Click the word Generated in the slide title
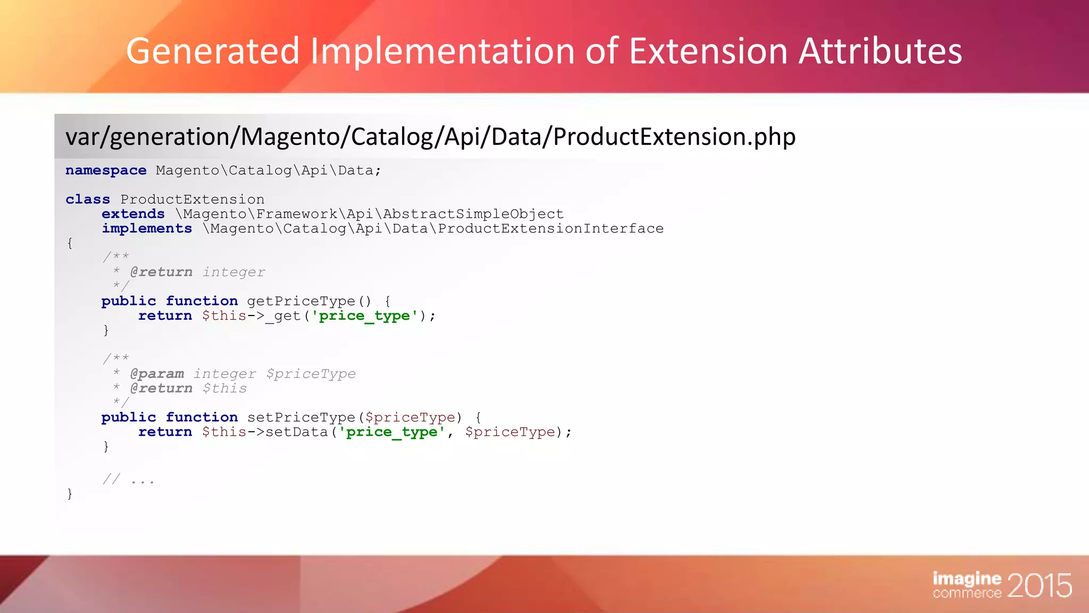[x=213, y=52]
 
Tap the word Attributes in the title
[x=880, y=52]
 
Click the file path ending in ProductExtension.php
[x=430, y=137]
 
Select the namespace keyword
[x=106, y=170]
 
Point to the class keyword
[x=88, y=200]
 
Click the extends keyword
[x=133, y=214]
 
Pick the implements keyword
[x=147, y=229]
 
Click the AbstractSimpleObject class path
[x=369, y=214]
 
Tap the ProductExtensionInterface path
[x=433, y=229]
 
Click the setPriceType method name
[x=301, y=418]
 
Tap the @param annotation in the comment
[x=157, y=374]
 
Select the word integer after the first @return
[x=233, y=272]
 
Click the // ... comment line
[x=129, y=480]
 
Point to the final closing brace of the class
[x=70, y=494]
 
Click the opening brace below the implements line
[x=70, y=243]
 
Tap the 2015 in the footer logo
[x=1039, y=585]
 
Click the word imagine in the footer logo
[x=967, y=578]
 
